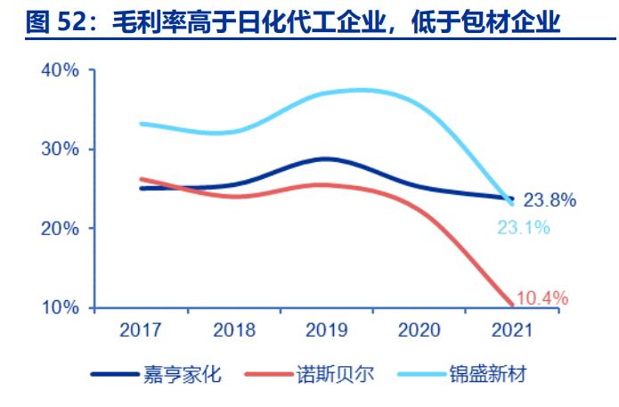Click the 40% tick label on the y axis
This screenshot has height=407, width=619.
61,70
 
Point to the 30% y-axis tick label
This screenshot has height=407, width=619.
61,150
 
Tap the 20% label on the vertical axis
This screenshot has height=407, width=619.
61,229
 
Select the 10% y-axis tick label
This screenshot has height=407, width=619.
61,308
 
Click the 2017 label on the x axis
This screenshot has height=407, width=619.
140,330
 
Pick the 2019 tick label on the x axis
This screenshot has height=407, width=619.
326,330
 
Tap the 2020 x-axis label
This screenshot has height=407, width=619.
419,330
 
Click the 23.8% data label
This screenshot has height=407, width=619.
550,200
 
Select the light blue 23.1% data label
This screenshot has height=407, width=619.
523,227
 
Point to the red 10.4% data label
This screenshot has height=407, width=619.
542,298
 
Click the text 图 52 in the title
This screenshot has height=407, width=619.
56,22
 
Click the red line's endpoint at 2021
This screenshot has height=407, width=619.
511,305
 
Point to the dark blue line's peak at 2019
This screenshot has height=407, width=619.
326,159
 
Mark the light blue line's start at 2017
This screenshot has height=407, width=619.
141,124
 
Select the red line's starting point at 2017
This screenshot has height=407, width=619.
141,179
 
